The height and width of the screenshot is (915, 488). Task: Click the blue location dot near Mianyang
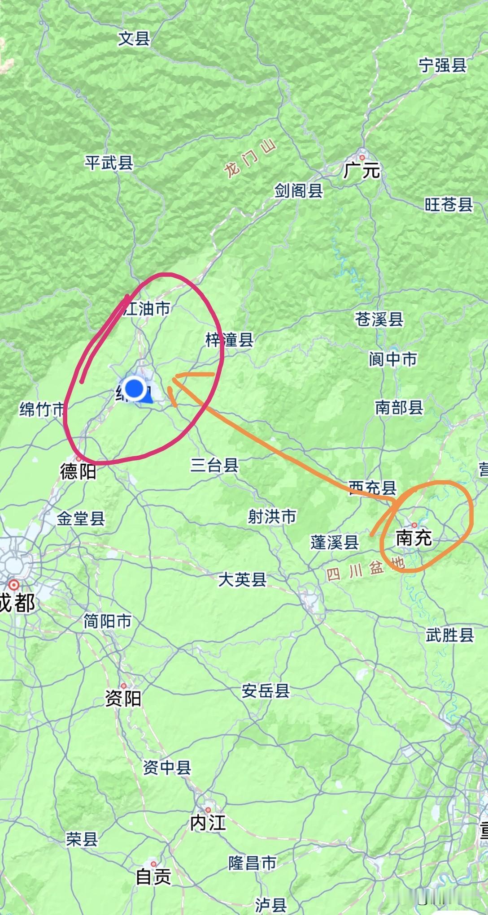134,388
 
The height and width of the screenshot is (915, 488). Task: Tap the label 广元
362,170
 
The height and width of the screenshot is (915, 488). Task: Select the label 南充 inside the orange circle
414,538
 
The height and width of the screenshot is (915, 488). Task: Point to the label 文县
134,39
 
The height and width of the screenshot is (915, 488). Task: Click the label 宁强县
443,65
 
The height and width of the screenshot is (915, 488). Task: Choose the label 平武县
109,163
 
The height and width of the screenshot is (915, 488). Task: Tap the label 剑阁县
299,191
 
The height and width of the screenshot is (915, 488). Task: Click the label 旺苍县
449,204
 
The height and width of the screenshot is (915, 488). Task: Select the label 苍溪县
379,319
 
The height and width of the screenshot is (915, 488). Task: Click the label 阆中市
393,359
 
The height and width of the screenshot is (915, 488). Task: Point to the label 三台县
214,465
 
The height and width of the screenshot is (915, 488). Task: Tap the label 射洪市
272,517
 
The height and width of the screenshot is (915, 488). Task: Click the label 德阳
78,471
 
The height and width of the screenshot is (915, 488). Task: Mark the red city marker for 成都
14,585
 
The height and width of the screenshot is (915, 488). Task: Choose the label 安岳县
266,691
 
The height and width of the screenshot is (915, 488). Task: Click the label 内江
208,823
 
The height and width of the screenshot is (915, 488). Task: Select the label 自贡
153,876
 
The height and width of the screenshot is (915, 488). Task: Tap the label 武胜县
449,635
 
